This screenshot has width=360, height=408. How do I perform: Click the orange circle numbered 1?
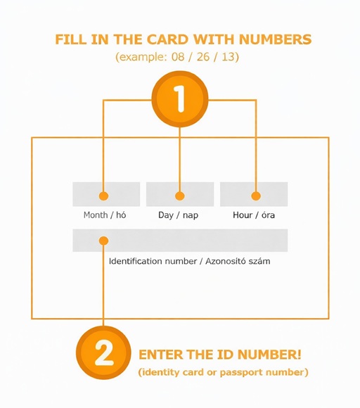pos(180,99)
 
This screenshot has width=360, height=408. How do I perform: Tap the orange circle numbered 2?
pos(103,353)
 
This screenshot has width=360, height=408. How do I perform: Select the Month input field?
pos(106,194)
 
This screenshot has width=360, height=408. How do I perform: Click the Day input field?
pos(180,194)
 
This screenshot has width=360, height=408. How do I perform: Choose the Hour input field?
pos(254,194)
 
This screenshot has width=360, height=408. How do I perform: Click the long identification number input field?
pos(180,241)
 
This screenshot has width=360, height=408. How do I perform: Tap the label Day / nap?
pos(178,215)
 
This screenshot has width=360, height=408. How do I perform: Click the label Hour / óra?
pos(254,215)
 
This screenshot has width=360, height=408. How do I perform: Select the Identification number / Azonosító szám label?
pos(189,261)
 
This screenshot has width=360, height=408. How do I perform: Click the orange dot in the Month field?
pos(104,196)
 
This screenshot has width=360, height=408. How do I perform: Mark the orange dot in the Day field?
pos(180,196)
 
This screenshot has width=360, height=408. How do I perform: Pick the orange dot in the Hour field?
pos(256,196)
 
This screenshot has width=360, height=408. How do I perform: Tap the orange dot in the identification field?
pos(104,241)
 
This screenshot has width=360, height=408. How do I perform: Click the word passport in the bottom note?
pos(246,371)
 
